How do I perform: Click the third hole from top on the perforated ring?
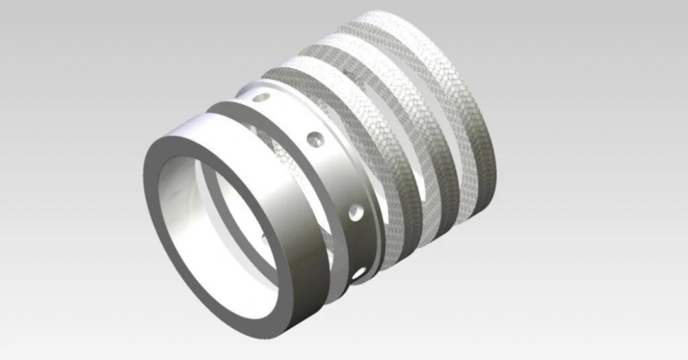click(x=357, y=212)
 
